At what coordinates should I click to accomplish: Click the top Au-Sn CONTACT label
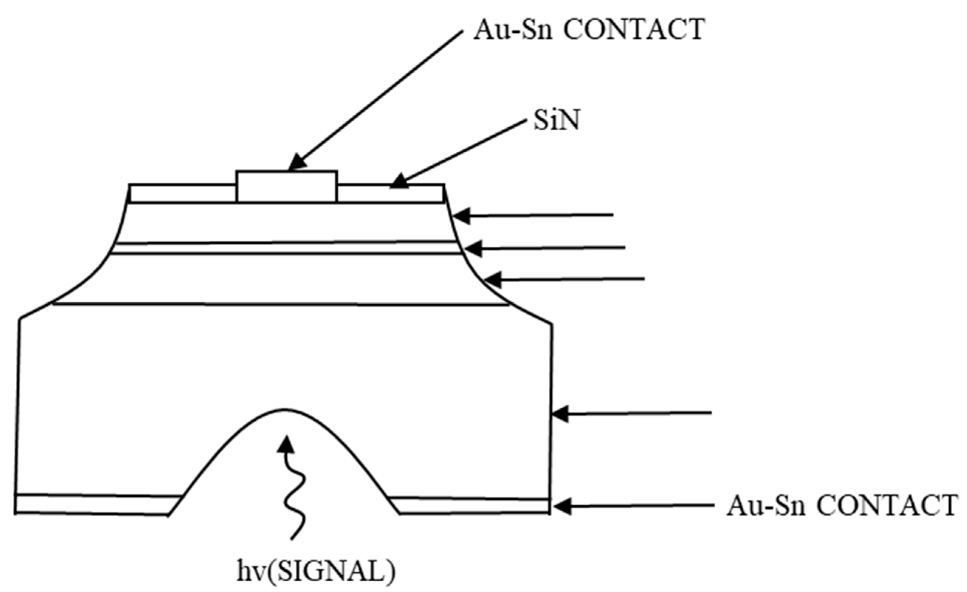(x=589, y=30)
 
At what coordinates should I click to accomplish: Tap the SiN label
(x=556, y=121)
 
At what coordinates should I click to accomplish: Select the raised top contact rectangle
(x=286, y=186)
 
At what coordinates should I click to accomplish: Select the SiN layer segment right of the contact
(x=390, y=193)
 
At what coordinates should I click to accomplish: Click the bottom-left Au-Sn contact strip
(x=94, y=505)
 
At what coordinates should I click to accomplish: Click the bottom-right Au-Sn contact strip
(x=471, y=505)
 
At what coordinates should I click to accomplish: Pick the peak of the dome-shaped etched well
(x=285, y=411)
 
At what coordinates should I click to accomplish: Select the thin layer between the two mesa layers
(x=286, y=248)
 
